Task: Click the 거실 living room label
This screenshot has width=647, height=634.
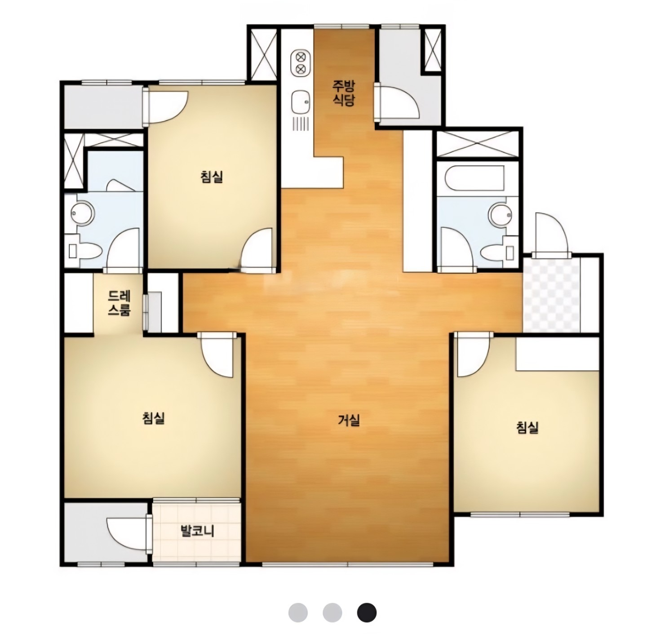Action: [x=349, y=420]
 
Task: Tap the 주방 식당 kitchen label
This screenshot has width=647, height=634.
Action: [x=343, y=93]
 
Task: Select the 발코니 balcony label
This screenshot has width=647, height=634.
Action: [x=197, y=531]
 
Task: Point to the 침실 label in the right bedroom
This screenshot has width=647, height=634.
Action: [x=527, y=427]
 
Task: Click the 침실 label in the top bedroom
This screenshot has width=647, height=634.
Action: [x=212, y=176]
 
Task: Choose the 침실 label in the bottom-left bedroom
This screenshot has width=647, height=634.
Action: [x=154, y=418]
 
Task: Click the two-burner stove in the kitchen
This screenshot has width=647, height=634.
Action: [x=301, y=63]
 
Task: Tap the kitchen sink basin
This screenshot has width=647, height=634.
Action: [x=301, y=102]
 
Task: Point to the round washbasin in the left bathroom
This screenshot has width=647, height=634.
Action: [x=83, y=213]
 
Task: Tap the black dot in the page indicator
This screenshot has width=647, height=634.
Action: [x=367, y=612]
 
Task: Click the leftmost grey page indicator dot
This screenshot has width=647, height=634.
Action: [x=298, y=612]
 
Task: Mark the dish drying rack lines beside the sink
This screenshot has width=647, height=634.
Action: [x=301, y=124]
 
